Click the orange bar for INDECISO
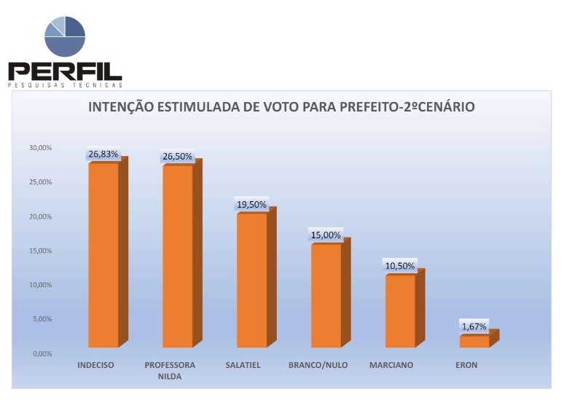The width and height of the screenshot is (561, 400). pos(103,255)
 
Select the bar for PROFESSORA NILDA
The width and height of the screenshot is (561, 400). pos(178,256)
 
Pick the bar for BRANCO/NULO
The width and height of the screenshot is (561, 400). pos(326,296)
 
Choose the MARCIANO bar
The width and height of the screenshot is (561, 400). pos(400,311)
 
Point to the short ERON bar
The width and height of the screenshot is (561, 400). pos(474,341)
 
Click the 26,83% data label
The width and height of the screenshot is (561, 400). pos(103,154)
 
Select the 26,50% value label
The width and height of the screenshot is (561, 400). pos(177,157)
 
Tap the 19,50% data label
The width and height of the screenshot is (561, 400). pos(251,205)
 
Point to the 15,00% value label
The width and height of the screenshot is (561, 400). pos(326,235)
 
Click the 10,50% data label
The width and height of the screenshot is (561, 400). pos(400,266)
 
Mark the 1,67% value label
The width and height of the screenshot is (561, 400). pos(474,326)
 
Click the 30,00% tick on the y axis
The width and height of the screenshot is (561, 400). pos(40,148)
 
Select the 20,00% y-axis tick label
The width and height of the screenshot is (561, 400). pos(40,216)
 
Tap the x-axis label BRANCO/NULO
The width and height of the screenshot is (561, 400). pos(318,365)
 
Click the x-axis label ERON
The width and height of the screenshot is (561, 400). pos(466,365)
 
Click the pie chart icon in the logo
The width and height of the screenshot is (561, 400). pos(65,36)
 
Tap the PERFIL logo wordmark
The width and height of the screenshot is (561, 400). pos(65,71)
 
